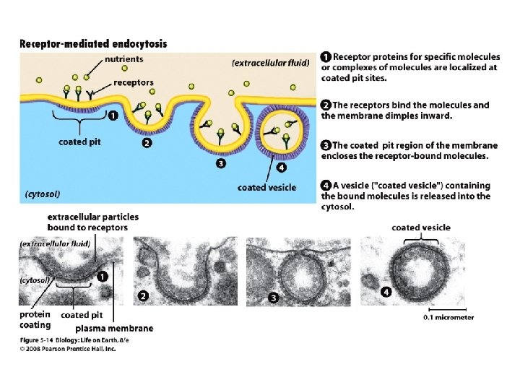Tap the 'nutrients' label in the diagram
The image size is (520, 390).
124,58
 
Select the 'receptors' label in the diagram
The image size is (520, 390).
134,82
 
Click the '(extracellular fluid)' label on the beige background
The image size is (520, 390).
272,63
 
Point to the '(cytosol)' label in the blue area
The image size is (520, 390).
43,194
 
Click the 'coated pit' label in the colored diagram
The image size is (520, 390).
79,142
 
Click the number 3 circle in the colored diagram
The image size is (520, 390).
220,163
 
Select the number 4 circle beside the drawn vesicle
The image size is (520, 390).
282,168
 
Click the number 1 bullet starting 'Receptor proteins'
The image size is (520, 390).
326,56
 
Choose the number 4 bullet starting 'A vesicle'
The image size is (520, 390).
326,184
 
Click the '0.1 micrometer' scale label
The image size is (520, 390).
448,317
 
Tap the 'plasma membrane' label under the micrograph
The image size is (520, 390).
115,329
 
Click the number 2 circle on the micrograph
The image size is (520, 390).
144,295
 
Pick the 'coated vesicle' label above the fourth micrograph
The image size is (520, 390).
420,227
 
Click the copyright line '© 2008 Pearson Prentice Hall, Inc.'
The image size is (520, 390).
67,349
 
